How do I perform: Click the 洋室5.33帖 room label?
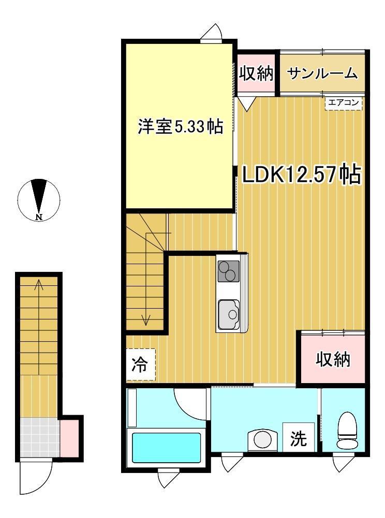(180, 126)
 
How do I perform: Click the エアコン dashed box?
(344, 103)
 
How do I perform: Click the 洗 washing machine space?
(299, 437)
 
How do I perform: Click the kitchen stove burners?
(228, 271)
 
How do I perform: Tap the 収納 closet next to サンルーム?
(256, 73)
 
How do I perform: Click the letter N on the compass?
(39, 217)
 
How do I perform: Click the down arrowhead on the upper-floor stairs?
(145, 320)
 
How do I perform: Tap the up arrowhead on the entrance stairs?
(39, 283)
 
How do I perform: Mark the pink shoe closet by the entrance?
(69, 438)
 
